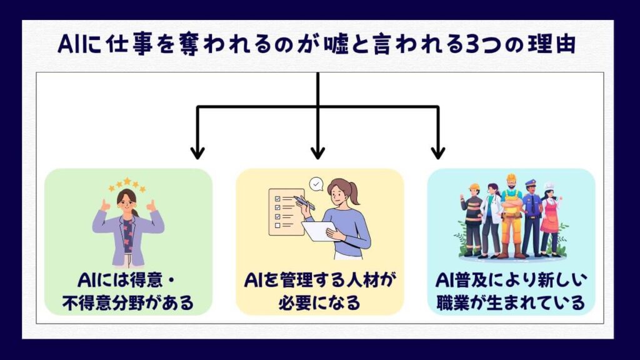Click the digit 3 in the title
(x=472, y=45)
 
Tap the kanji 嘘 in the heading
(x=336, y=44)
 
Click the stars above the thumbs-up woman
(x=127, y=185)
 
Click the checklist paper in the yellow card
(x=286, y=212)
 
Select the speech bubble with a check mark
(x=316, y=184)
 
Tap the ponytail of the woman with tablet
(x=354, y=192)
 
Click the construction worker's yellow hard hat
(x=511, y=178)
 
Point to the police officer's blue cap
(x=531, y=183)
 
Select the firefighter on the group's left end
(x=472, y=221)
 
